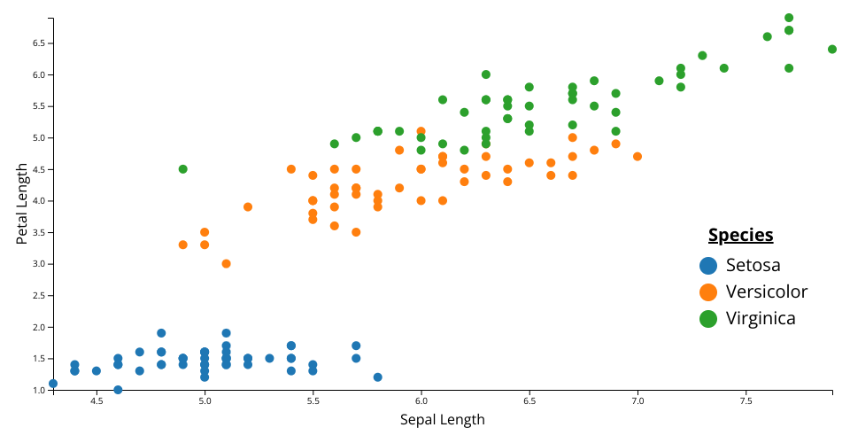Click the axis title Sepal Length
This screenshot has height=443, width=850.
(x=443, y=419)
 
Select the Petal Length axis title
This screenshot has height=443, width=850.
(x=23, y=204)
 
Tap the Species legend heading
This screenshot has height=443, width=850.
(x=740, y=235)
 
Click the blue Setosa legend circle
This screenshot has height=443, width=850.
(x=708, y=265)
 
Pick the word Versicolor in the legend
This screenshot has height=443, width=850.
(x=767, y=291)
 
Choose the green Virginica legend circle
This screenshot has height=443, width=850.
(x=708, y=318)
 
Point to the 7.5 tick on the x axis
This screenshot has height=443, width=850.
(x=746, y=401)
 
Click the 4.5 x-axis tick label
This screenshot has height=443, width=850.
(x=97, y=401)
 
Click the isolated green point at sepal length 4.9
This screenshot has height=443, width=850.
(x=183, y=169)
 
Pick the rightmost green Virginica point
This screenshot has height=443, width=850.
(x=832, y=50)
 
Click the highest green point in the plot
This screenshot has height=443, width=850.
(x=789, y=18)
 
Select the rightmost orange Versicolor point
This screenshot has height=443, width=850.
(x=637, y=157)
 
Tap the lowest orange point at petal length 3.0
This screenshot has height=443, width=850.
(x=227, y=264)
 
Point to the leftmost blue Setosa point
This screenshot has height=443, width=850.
(x=53, y=384)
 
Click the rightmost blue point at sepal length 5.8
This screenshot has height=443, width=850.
(x=378, y=377)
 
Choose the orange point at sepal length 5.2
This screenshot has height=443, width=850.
(x=248, y=207)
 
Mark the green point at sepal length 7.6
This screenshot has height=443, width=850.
(x=768, y=36)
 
